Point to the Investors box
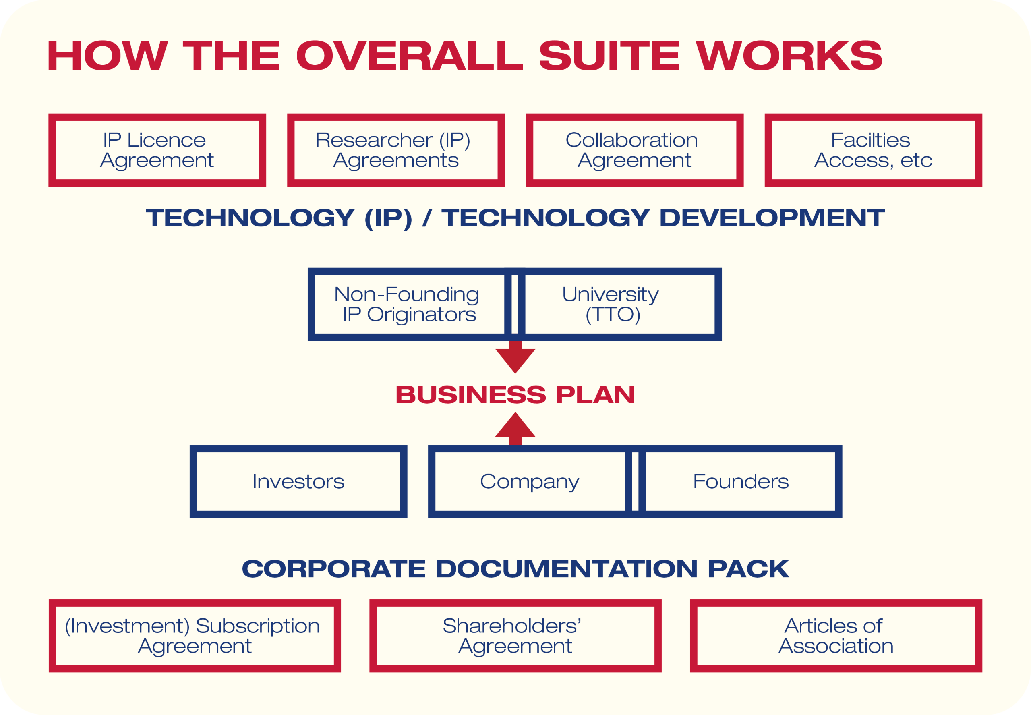pyautogui.click(x=298, y=482)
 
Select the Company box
pyautogui.click(x=530, y=482)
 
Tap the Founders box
pyautogui.click(x=740, y=482)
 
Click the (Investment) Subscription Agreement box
pyautogui.click(x=195, y=636)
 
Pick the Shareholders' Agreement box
pyautogui.click(x=515, y=636)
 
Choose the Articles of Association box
pyautogui.click(x=836, y=636)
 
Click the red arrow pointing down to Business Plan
pyautogui.click(x=515, y=357)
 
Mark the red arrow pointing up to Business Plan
pyautogui.click(x=515, y=429)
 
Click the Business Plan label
pyautogui.click(x=515, y=395)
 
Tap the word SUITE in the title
pyautogui.click(x=609, y=56)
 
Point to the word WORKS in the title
pyautogui.click(x=789, y=56)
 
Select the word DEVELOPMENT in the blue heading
pyautogui.click(x=772, y=218)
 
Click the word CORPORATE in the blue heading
pyautogui.click(x=333, y=568)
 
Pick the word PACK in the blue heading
pyautogui.click(x=748, y=568)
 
